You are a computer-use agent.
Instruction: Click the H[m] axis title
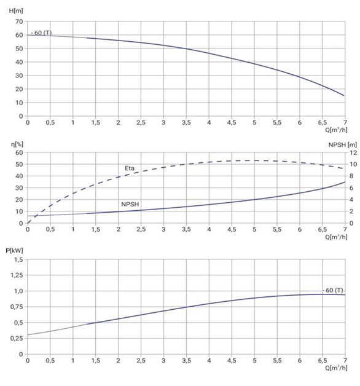click(x=16, y=11)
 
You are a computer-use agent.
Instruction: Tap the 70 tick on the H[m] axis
click(x=19, y=22)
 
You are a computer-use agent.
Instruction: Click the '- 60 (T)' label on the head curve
click(x=41, y=33)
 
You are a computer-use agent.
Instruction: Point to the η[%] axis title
click(x=17, y=144)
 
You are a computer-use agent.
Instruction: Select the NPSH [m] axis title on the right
click(x=343, y=145)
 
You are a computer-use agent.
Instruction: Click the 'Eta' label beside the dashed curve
click(x=130, y=168)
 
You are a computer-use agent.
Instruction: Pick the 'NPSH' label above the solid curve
click(x=130, y=204)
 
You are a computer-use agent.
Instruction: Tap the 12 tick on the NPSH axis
click(x=353, y=152)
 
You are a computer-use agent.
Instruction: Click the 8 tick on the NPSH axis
click(x=351, y=176)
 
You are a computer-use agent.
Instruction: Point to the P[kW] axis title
click(x=14, y=251)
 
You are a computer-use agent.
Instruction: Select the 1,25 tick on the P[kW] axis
click(x=17, y=275)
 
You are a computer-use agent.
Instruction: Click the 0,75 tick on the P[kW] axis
click(x=17, y=307)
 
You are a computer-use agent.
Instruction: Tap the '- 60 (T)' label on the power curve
click(x=333, y=291)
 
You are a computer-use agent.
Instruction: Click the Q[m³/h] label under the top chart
click(x=336, y=130)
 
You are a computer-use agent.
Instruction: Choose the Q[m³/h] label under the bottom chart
click(x=336, y=368)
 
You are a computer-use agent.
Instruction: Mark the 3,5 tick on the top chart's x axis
click(x=186, y=122)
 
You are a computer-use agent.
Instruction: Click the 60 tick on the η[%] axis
click(x=19, y=152)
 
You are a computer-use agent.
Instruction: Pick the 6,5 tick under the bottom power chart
click(x=323, y=361)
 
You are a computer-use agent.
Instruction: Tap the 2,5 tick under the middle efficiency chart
click(x=141, y=229)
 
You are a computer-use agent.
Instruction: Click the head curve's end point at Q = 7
click(x=344, y=95)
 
